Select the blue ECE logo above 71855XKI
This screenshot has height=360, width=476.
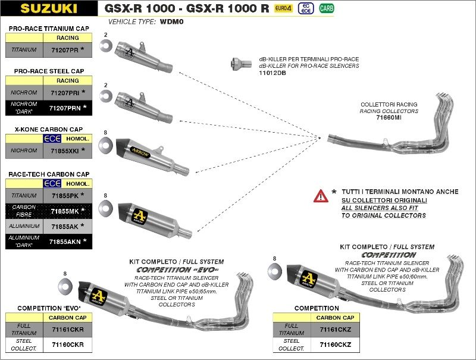click(53, 139)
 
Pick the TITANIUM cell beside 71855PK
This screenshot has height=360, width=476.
click(24, 195)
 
